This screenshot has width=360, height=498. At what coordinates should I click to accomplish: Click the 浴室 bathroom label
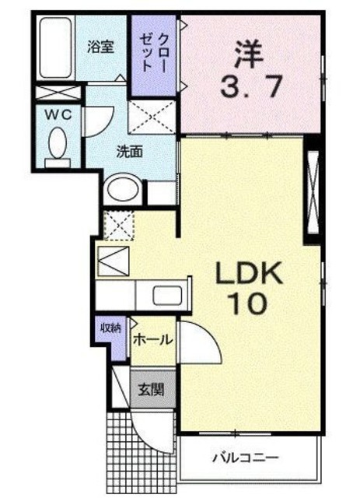pyautogui.click(x=100, y=46)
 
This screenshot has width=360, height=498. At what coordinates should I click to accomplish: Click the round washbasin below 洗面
pyautogui.click(x=122, y=189)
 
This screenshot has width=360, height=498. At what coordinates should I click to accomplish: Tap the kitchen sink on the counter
pyautogui.click(x=166, y=296)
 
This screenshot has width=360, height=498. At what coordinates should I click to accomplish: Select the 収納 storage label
pyautogui.click(x=108, y=328)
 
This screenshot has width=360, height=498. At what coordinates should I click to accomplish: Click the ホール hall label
pyautogui.click(x=152, y=339)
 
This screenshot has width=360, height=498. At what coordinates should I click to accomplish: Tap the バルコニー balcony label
pyautogui.click(x=246, y=457)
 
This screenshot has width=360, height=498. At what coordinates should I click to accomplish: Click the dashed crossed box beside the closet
pyautogui.click(x=153, y=117)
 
